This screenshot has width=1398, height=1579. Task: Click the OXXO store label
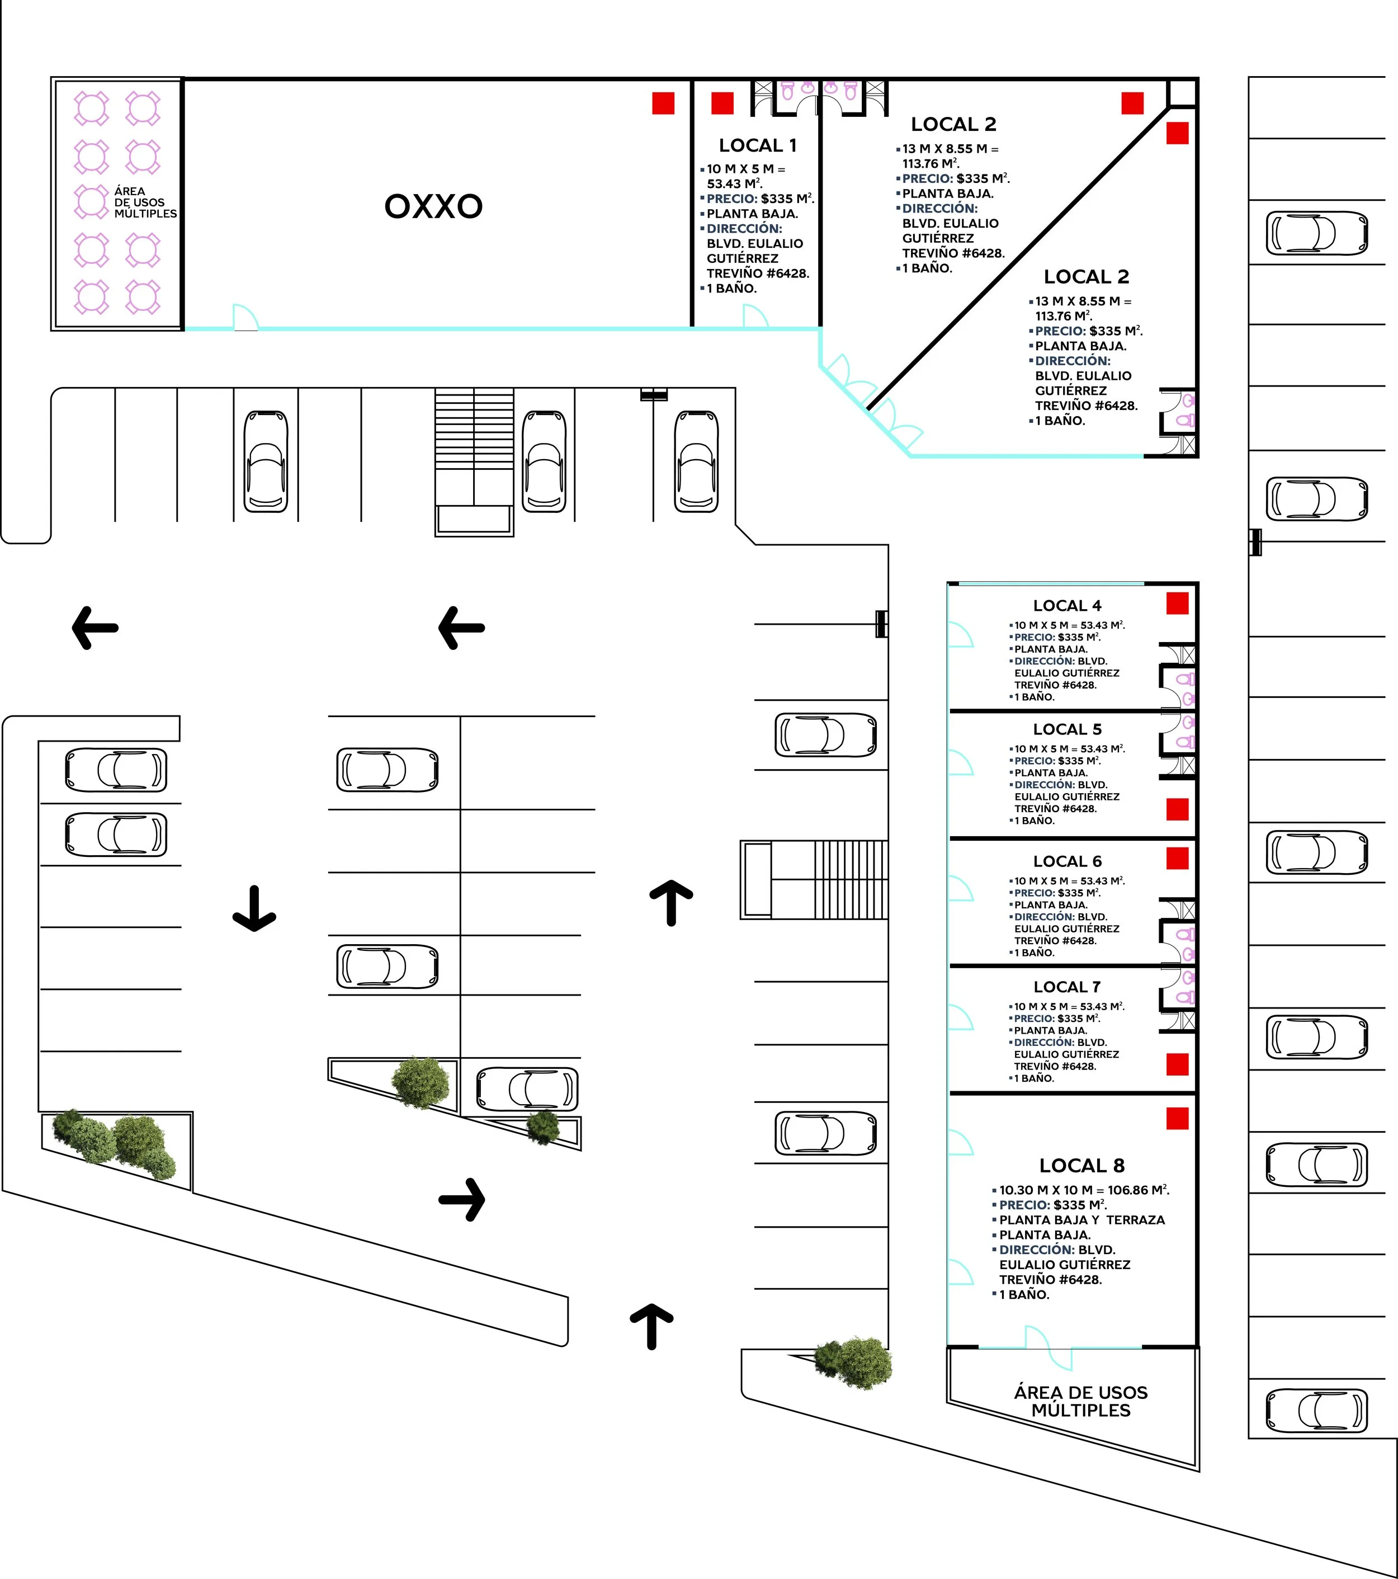tap(433, 206)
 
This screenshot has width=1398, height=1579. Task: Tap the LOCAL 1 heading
tap(757, 145)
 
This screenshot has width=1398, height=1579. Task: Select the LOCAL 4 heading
tap(1066, 606)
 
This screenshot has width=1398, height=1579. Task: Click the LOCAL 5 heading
tap(1066, 729)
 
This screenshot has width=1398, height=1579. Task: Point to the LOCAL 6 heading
tap(1066, 861)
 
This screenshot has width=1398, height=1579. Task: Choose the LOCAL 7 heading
tap(1066, 987)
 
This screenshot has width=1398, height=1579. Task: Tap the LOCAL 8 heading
tap(1081, 1166)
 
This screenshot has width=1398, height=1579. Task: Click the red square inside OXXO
tap(663, 103)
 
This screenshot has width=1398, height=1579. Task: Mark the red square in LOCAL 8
tap(1177, 1119)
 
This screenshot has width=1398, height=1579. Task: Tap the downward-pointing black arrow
tap(254, 909)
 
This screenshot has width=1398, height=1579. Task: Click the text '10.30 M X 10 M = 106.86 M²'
tap(1084, 1190)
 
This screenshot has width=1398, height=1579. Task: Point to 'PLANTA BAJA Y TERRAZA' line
tap(1081, 1220)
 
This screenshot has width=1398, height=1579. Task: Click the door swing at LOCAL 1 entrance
tap(754, 316)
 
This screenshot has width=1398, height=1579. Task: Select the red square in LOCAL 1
tap(721, 103)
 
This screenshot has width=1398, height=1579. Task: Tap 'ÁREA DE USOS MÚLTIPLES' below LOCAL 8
tap(1080, 1401)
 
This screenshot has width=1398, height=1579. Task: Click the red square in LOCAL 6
tap(1177, 858)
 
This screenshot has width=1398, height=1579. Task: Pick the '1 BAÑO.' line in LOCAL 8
tap(1023, 1295)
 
